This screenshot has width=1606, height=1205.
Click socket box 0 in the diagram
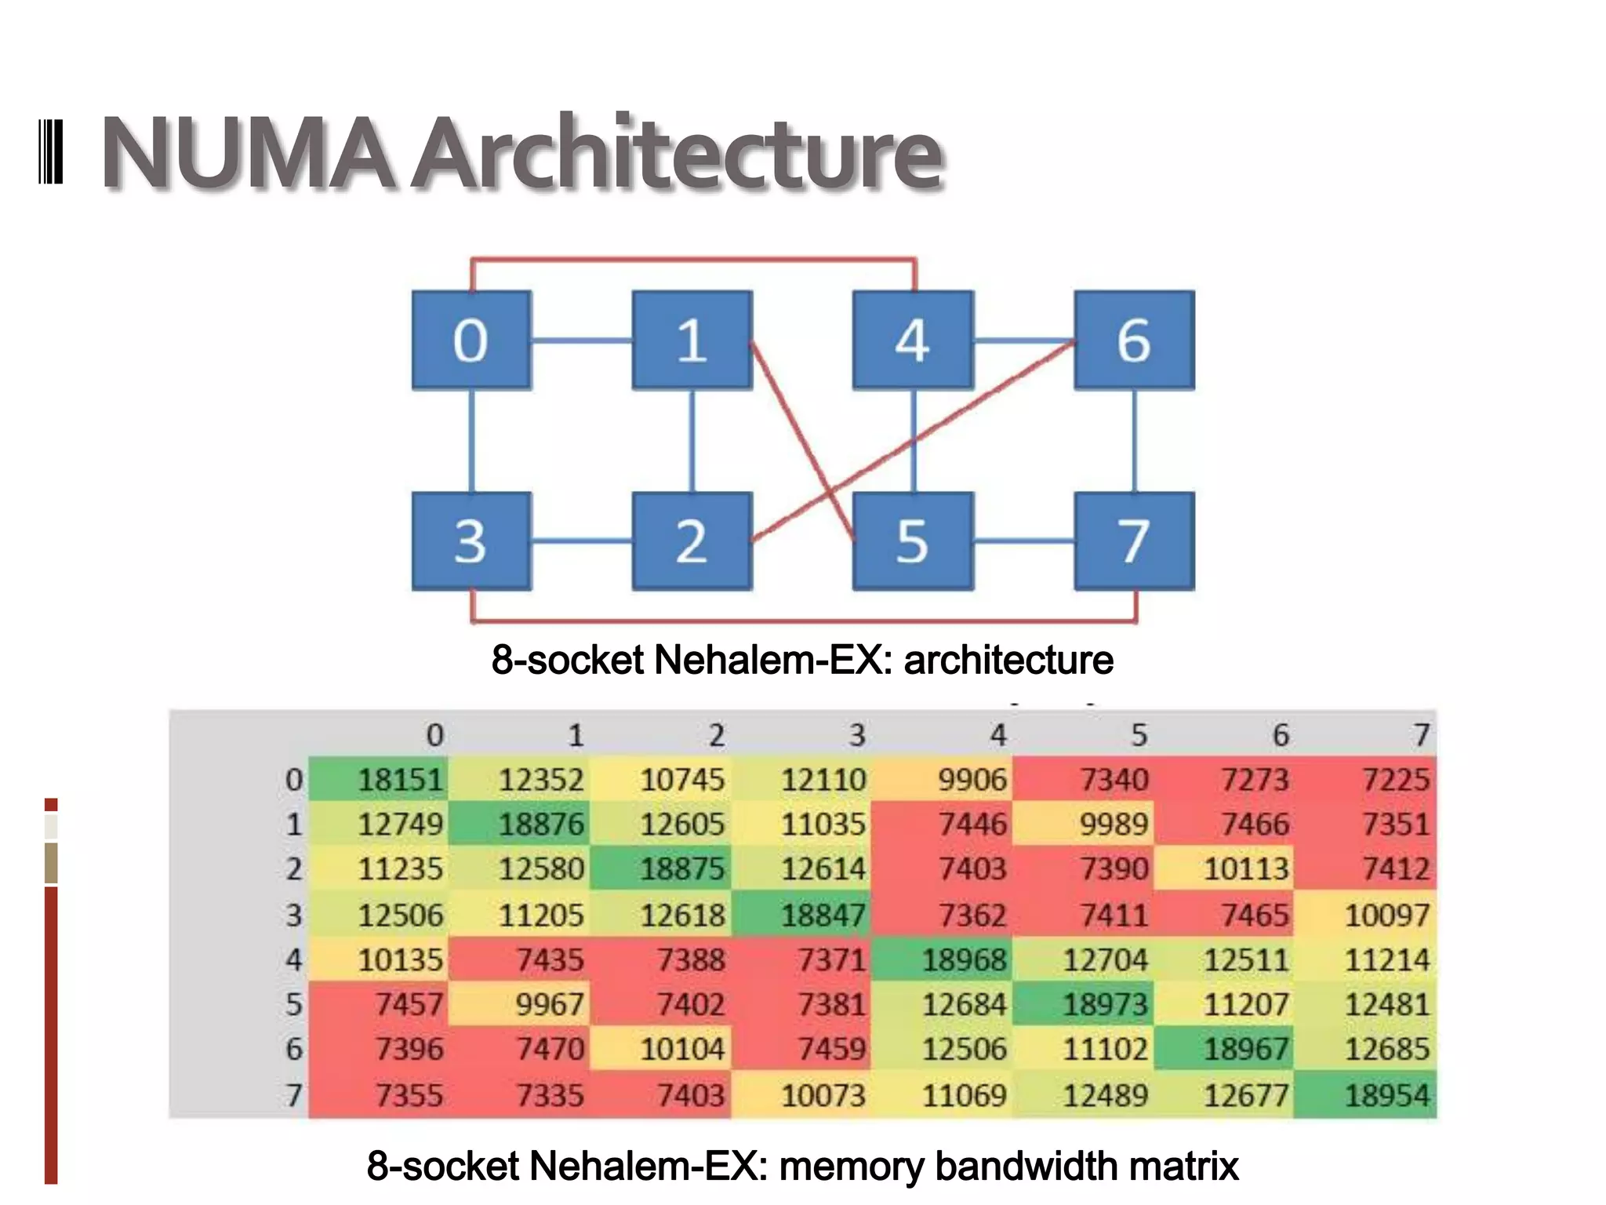tap(471, 340)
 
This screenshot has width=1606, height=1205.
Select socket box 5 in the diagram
tap(912, 541)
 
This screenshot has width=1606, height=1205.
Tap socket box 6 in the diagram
tap(1134, 340)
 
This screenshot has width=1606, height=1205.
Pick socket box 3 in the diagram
tap(471, 541)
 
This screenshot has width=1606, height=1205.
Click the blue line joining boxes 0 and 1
tap(581, 340)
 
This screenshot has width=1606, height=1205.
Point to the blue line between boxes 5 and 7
tap(1023, 541)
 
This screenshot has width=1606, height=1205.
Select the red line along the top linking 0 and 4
tap(693, 259)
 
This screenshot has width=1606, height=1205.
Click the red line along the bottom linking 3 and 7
tap(804, 621)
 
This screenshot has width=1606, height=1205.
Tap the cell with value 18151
tap(380, 780)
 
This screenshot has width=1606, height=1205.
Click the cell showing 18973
tap(1083, 1004)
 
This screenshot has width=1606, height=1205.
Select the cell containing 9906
tap(943, 780)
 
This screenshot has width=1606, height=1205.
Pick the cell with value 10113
tap(1224, 869)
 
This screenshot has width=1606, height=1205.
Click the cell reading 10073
tap(801, 1095)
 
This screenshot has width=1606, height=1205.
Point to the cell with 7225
tap(1366, 780)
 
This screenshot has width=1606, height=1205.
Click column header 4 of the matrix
tap(997, 736)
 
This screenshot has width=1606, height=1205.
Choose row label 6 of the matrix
tap(294, 1050)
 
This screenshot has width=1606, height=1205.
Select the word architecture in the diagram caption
tap(1008, 660)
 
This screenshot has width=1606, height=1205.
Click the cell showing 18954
tap(1366, 1095)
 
